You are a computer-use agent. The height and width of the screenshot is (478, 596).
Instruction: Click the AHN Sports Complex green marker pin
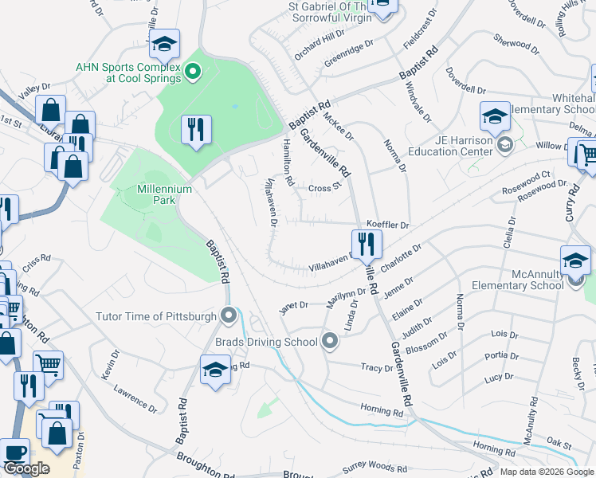point(192,73)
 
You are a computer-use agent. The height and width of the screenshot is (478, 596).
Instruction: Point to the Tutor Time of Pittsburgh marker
point(229,316)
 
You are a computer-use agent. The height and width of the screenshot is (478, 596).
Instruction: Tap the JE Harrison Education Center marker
point(504,144)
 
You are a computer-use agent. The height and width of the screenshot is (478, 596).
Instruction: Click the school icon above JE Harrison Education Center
point(495,116)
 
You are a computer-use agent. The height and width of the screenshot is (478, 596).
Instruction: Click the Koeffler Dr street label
point(387,225)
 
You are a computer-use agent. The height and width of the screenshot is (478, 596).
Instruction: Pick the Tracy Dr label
point(377,368)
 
